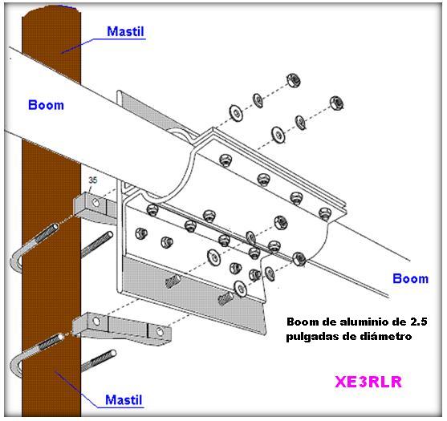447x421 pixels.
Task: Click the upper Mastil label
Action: click(x=125, y=31)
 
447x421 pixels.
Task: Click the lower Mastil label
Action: click(x=124, y=400)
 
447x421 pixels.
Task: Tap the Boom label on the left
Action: click(x=46, y=105)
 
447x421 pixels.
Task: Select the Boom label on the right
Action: click(x=411, y=278)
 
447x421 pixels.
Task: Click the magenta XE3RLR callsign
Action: click(x=368, y=382)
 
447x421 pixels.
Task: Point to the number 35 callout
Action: click(x=92, y=180)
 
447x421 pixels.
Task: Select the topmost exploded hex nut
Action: click(x=293, y=79)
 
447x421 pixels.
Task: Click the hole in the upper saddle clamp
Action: click(x=95, y=203)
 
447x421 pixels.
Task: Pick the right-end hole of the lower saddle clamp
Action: click(x=160, y=332)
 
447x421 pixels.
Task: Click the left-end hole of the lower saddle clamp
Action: click(x=96, y=322)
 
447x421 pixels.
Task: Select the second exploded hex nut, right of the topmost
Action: click(x=336, y=103)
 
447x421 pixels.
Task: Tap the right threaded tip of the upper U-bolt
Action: click(x=109, y=235)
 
